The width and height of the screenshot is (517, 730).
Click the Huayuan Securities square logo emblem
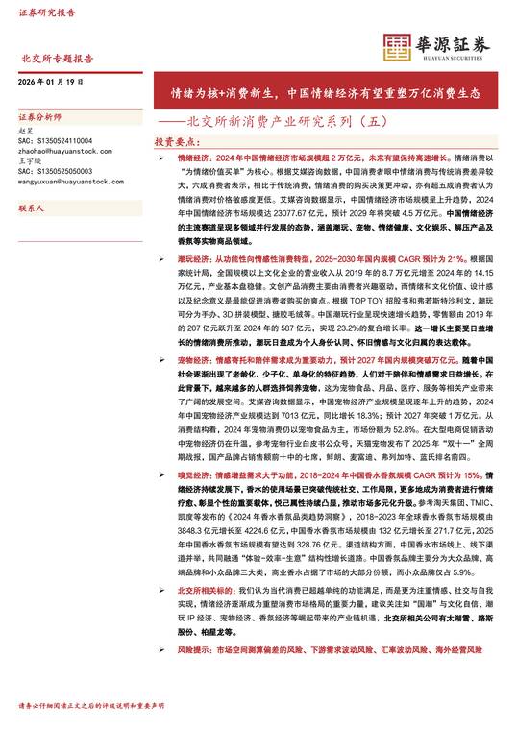coord(398,44)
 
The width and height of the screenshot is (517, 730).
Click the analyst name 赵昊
coord(26,129)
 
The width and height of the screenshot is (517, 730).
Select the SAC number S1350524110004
coord(53,140)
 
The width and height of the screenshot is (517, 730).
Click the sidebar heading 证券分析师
coord(39,116)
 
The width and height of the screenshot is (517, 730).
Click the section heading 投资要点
coord(176,141)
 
